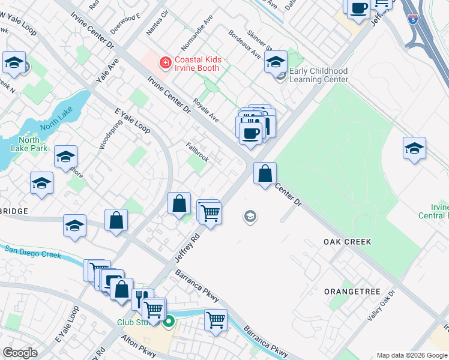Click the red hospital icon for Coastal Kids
[x=163, y=62]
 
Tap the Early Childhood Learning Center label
[x=318, y=75]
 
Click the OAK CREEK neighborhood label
[x=347, y=242]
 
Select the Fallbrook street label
[x=197, y=152]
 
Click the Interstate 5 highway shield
[x=412, y=19]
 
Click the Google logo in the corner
[x=20, y=353]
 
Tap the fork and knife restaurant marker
[x=142, y=298]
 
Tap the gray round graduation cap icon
[x=250, y=217]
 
